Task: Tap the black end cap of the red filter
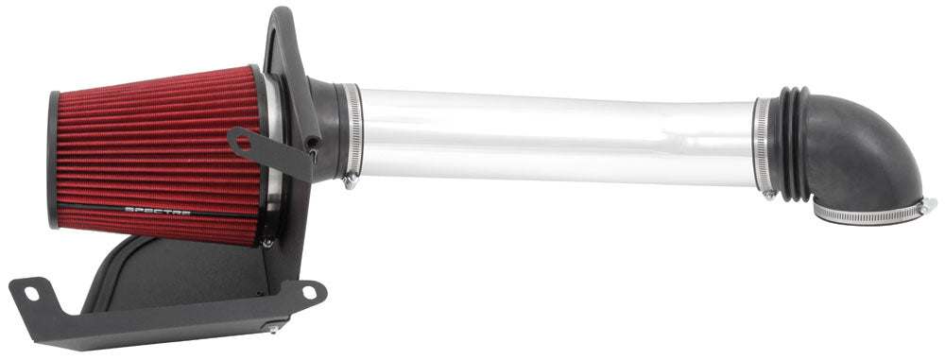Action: click(53, 159)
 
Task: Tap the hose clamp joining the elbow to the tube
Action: click(763, 146)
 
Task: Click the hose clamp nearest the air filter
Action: click(351, 132)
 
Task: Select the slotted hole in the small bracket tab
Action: click(245, 144)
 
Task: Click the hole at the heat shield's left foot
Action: click(31, 294)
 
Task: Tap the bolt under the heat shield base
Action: click(273, 328)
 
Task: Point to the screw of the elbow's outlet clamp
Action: click(928, 204)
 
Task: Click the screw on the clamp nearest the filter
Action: click(351, 180)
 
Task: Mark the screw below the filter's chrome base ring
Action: click(268, 243)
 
